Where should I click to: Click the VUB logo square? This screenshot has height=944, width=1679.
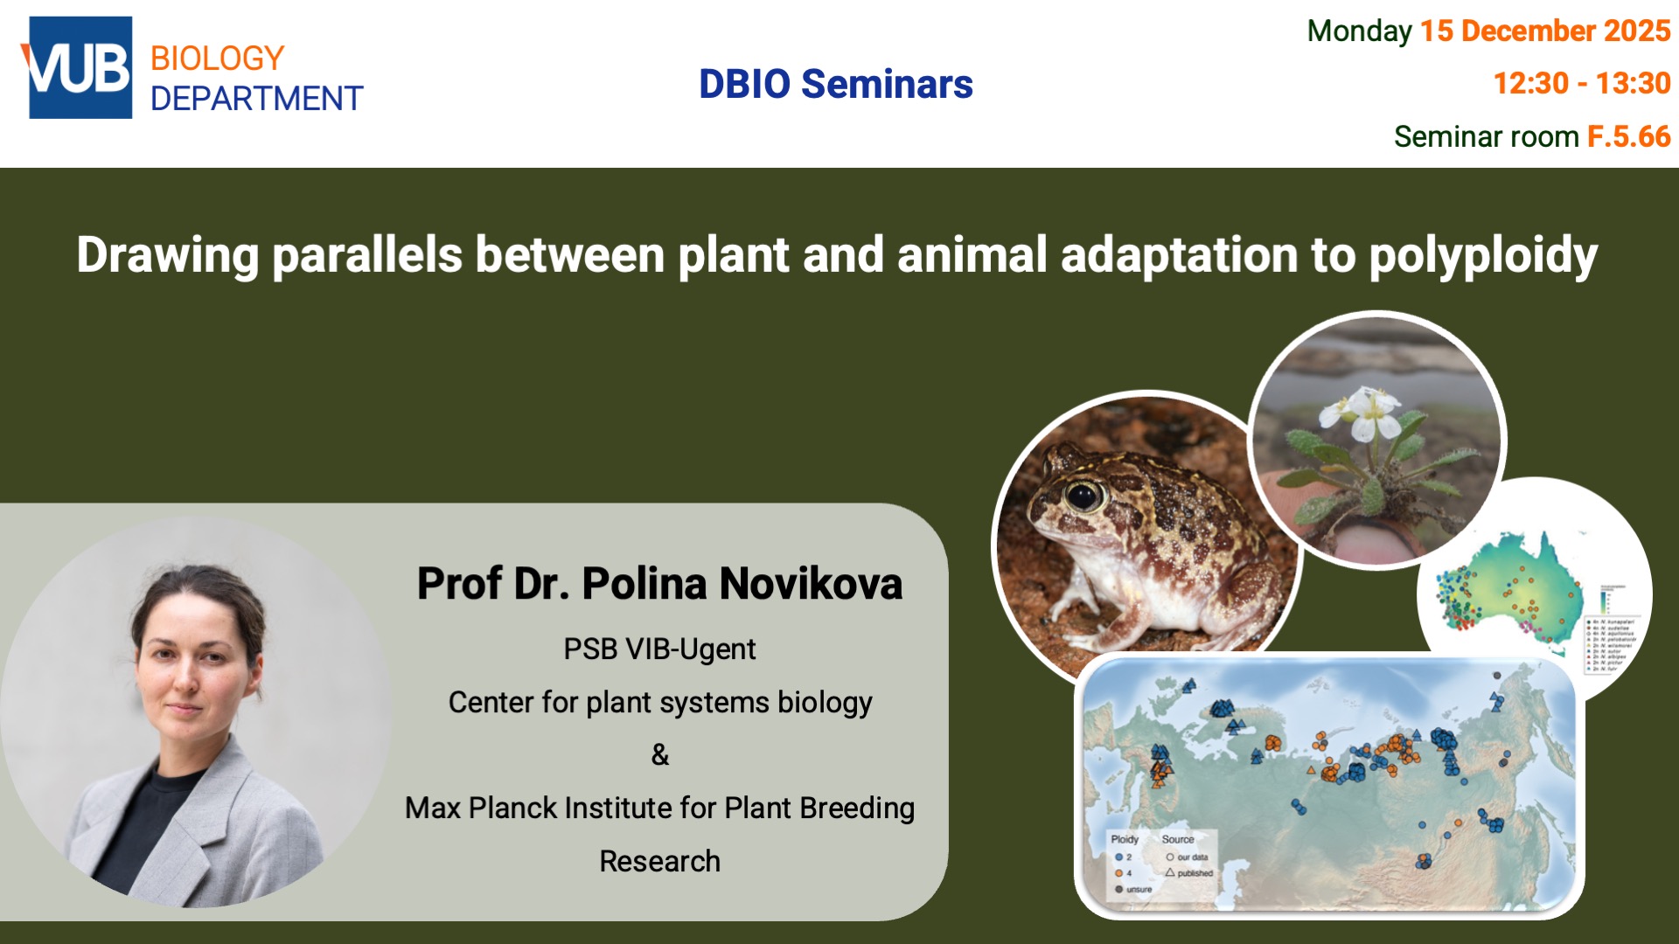(x=80, y=68)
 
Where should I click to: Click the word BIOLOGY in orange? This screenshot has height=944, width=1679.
(x=217, y=59)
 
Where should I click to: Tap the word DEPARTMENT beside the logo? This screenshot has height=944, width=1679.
(x=256, y=99)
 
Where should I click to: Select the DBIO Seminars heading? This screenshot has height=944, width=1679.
(x=835, y=85)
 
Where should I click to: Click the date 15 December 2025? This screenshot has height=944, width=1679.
(x=1544, y=31)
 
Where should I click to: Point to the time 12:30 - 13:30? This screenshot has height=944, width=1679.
(x=1581, y=84)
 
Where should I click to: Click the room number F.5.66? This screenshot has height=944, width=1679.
(x=1628, y=137)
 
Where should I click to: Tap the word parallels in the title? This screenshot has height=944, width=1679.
(x=367, y=255)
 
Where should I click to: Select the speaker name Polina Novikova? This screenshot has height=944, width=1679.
(x=742, y=584)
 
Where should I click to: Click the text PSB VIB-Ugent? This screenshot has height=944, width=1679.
(x=659, y=649)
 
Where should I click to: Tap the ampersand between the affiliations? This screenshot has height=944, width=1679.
(x=660, y=754)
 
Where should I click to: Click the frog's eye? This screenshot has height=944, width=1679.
(x=1083, y=496)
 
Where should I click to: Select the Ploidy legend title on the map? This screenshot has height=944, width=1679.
(x=1125, y=839)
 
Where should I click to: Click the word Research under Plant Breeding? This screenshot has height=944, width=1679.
(x=659, y=862)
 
